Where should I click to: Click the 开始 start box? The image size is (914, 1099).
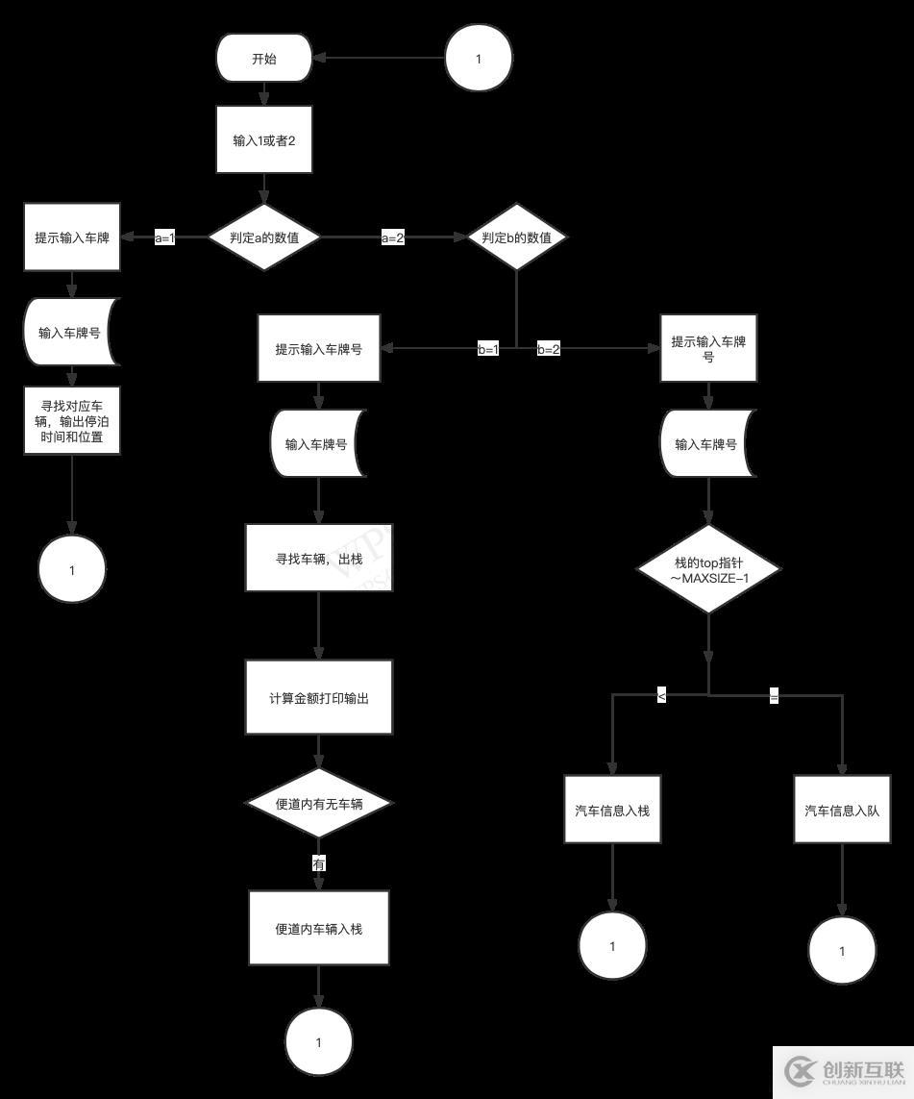click(264, 59)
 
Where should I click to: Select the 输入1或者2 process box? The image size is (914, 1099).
click(264, 140)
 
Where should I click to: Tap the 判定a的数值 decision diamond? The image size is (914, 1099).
click(264, 237)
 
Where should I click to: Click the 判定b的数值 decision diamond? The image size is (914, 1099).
click(517, 237)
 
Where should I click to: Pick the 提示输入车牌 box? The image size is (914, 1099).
click(72, 237)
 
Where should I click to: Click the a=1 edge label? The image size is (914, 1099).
click(165, 238)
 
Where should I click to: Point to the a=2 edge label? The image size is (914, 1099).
click(392, 238)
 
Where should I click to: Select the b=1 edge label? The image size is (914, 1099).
click(488, 350)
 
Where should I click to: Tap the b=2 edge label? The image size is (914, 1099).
click(548, 350)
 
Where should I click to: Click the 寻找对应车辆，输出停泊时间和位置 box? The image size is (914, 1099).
click(72, 420)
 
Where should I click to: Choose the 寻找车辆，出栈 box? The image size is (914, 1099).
click(319, 558)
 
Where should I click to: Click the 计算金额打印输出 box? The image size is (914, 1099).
click(319, 698)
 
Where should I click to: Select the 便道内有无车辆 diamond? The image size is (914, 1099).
click(319, 803)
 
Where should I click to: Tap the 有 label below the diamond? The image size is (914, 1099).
click(319, 863)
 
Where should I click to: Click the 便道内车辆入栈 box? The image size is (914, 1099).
click(319, 928)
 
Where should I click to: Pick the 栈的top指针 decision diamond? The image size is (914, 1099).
click(708, 569)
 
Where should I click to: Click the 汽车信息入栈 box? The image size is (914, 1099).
click(612, 810)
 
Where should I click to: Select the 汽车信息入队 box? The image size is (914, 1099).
click(842, 810)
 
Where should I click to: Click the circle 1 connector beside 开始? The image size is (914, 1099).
click(479, 59)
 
